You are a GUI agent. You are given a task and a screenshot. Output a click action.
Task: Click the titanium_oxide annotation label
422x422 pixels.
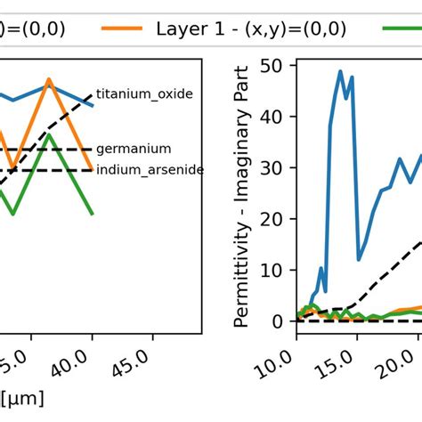(144, 93)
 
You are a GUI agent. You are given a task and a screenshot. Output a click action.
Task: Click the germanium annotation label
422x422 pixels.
(134, 150)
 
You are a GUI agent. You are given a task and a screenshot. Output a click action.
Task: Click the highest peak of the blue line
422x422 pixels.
(339, 71)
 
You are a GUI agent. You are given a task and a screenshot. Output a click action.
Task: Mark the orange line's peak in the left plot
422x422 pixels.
(49, 80)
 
